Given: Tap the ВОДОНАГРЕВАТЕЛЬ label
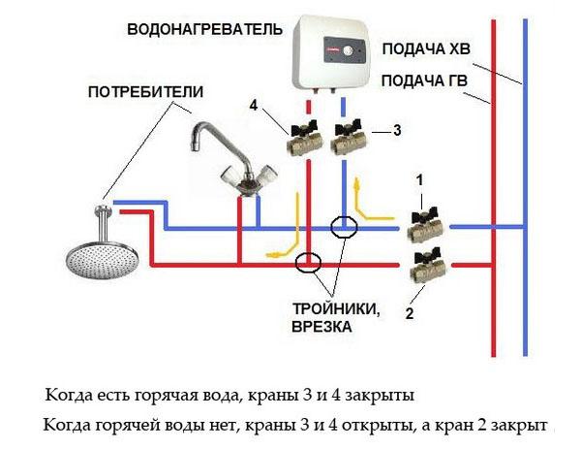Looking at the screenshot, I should coord(197,30).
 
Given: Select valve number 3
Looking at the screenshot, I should coord(348,143).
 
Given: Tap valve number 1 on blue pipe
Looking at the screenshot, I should coord(424,226).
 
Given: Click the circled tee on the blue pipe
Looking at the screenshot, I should coord(343,227).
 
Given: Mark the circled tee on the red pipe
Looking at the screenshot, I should coord(309,262).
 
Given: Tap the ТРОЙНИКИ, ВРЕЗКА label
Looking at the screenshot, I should coord(332,318).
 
